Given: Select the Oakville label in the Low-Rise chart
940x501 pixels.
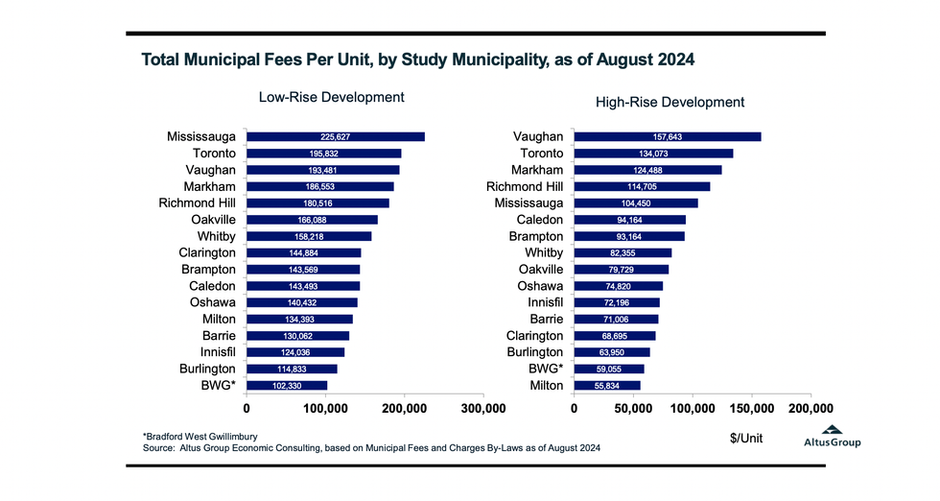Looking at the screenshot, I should click(208, 220).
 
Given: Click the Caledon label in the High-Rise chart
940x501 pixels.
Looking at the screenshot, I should click(538, 220).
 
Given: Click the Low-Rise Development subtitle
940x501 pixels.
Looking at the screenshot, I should click(332, 97).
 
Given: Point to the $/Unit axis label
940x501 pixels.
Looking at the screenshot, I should click(747, 438).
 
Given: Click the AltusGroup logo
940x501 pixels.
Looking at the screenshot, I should click(832, 437).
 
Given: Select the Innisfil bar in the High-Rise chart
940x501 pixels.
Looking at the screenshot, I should click(617, 302).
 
